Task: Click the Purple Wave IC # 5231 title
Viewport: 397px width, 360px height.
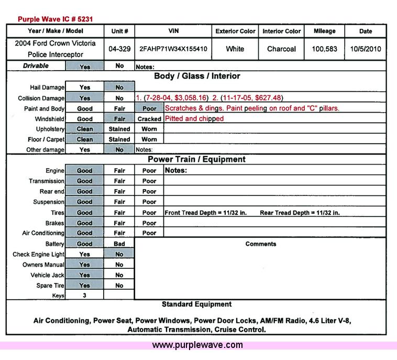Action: coord(55,19)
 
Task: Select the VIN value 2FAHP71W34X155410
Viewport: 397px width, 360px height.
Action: coord(173,49)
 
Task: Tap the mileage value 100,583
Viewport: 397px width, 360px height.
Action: coord(324,49)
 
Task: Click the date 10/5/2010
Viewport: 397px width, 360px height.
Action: coord(366,49)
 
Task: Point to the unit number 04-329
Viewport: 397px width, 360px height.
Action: coord(119,49)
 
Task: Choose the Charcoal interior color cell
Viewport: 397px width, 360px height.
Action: coord(281,49)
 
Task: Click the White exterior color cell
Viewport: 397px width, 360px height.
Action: coord(235,49)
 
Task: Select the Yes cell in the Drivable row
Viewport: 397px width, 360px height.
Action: coord(84,67)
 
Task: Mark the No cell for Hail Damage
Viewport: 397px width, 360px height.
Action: coord(119,88)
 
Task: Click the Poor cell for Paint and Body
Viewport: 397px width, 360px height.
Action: coord(149,108)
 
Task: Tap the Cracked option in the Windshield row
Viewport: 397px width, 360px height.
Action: coord(149,119)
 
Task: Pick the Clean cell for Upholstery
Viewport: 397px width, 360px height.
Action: coord(84,129)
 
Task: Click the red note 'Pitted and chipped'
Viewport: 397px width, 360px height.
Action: coord(194,119)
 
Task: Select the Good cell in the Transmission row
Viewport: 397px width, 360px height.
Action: coord(84,181)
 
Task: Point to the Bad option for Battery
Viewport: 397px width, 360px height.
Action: coord(119,244)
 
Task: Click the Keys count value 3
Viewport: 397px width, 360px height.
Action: coord(84,296)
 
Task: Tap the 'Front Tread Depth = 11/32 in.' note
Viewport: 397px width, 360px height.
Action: coord(213,213)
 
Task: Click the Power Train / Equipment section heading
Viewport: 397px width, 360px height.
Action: coord(196,159)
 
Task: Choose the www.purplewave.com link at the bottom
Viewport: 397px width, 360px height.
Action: coord(197,345)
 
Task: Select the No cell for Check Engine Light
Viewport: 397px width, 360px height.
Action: coord(119,254)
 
